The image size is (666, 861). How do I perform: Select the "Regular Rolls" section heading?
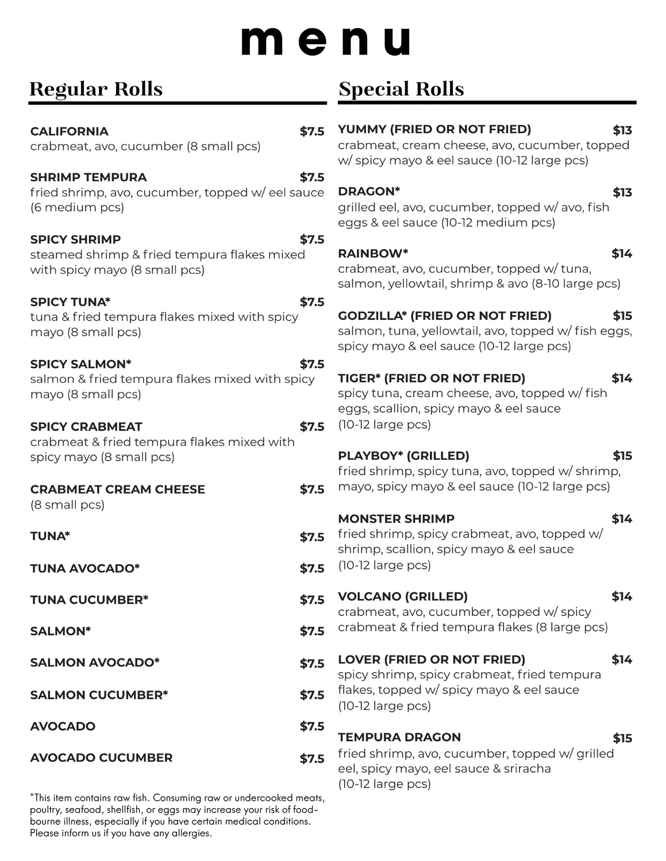coord(96,89)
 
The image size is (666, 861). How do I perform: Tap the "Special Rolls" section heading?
coord(401,89)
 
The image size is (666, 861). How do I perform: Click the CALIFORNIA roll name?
coord(70,131)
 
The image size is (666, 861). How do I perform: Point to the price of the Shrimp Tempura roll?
coord(312,177)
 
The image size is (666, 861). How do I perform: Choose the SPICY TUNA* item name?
coord(70,302)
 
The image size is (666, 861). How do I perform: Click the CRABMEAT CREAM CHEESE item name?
coord(117,489)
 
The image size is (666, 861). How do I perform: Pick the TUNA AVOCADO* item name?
coord(85,568)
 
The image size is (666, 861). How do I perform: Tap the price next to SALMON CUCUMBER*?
coord(312,695)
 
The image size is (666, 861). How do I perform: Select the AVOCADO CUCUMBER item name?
coord(101,758)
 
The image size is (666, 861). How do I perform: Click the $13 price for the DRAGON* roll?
coord(622,192)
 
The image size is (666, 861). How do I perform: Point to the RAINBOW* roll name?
coord(373,253)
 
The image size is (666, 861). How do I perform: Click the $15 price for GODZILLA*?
coord(622,316)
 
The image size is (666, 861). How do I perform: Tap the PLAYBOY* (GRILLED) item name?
coord(403,456)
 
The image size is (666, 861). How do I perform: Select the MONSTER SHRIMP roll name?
coord(396,518)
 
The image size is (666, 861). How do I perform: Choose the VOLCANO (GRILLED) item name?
coord(403,596)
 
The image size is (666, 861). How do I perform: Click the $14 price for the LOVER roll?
coord(622,660)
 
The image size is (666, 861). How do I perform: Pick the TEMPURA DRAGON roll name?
coord(399,737)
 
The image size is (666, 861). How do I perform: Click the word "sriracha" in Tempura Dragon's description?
coord(527,769)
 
